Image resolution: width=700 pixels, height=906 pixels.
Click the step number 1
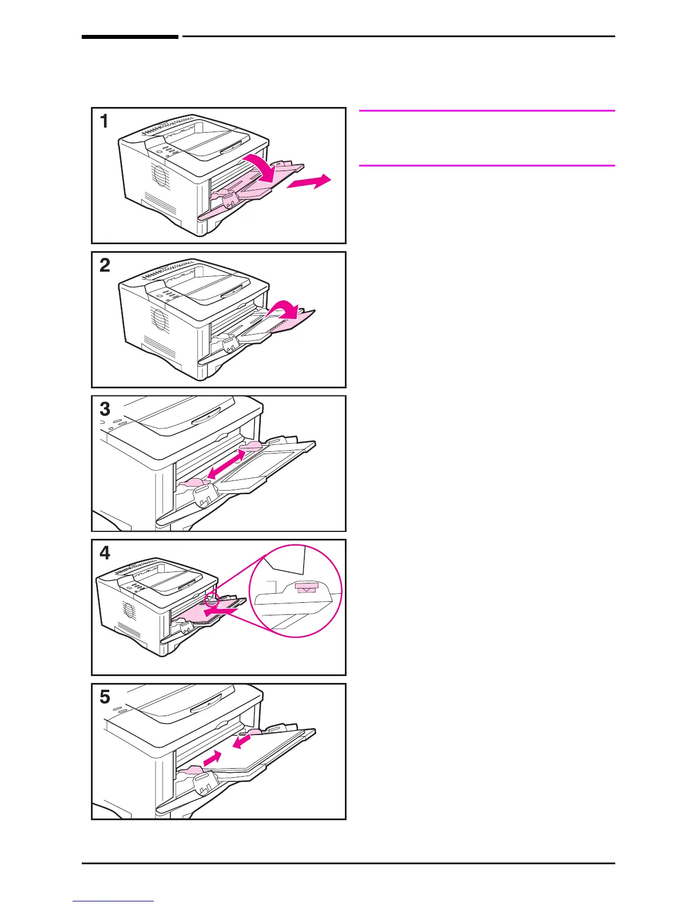(x=104, y=121)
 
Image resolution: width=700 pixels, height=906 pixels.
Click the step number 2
(x=105, y=265)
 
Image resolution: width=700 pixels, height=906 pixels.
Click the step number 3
(x=105, y=410)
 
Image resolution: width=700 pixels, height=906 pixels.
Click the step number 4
(x=105, y=554)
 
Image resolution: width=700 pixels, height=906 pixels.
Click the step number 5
(x=105, y=697)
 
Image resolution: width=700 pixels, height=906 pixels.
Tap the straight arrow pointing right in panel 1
(x=308, y=182)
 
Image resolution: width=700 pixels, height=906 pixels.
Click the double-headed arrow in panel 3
(x=226, y=463)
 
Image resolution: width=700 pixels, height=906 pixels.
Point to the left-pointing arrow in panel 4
(x=221, y=613)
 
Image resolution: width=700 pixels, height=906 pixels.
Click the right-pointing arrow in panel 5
(x=212, y=758)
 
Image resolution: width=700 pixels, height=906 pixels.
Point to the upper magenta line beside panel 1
(x=487, y=110)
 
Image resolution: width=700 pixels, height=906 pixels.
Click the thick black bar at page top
(x=130, y=37)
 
